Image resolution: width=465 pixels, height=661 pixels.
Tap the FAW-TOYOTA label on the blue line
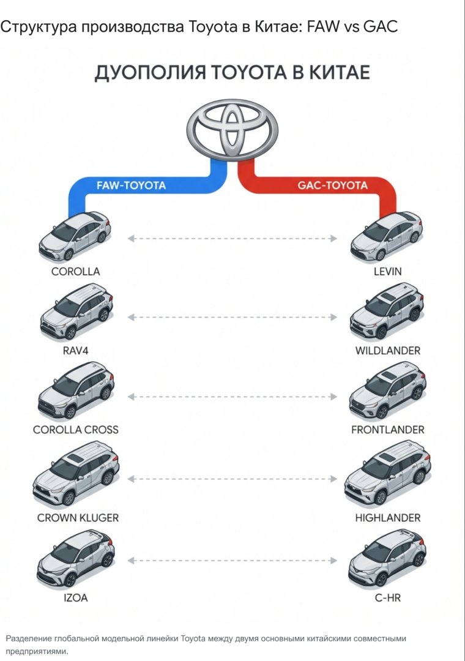click(131, 185)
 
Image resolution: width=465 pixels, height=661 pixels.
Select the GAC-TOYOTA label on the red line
click(333, 185)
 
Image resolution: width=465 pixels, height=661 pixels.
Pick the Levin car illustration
click(387, 236)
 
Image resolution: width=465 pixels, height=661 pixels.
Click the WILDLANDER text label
click(388, 351)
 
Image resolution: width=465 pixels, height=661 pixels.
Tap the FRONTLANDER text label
click(388, 430)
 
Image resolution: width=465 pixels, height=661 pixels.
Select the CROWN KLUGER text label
click(78, 518)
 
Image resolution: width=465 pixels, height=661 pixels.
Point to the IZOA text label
click(76, 597)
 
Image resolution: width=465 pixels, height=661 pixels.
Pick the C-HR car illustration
click(387, 559)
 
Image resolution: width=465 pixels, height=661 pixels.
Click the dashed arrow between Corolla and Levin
click(232, 238)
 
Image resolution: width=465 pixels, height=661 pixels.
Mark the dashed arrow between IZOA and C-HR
click(232, 559)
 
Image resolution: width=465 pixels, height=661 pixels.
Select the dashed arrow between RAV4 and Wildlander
click(232, 317)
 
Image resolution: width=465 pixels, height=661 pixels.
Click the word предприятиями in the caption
click(36, 651)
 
